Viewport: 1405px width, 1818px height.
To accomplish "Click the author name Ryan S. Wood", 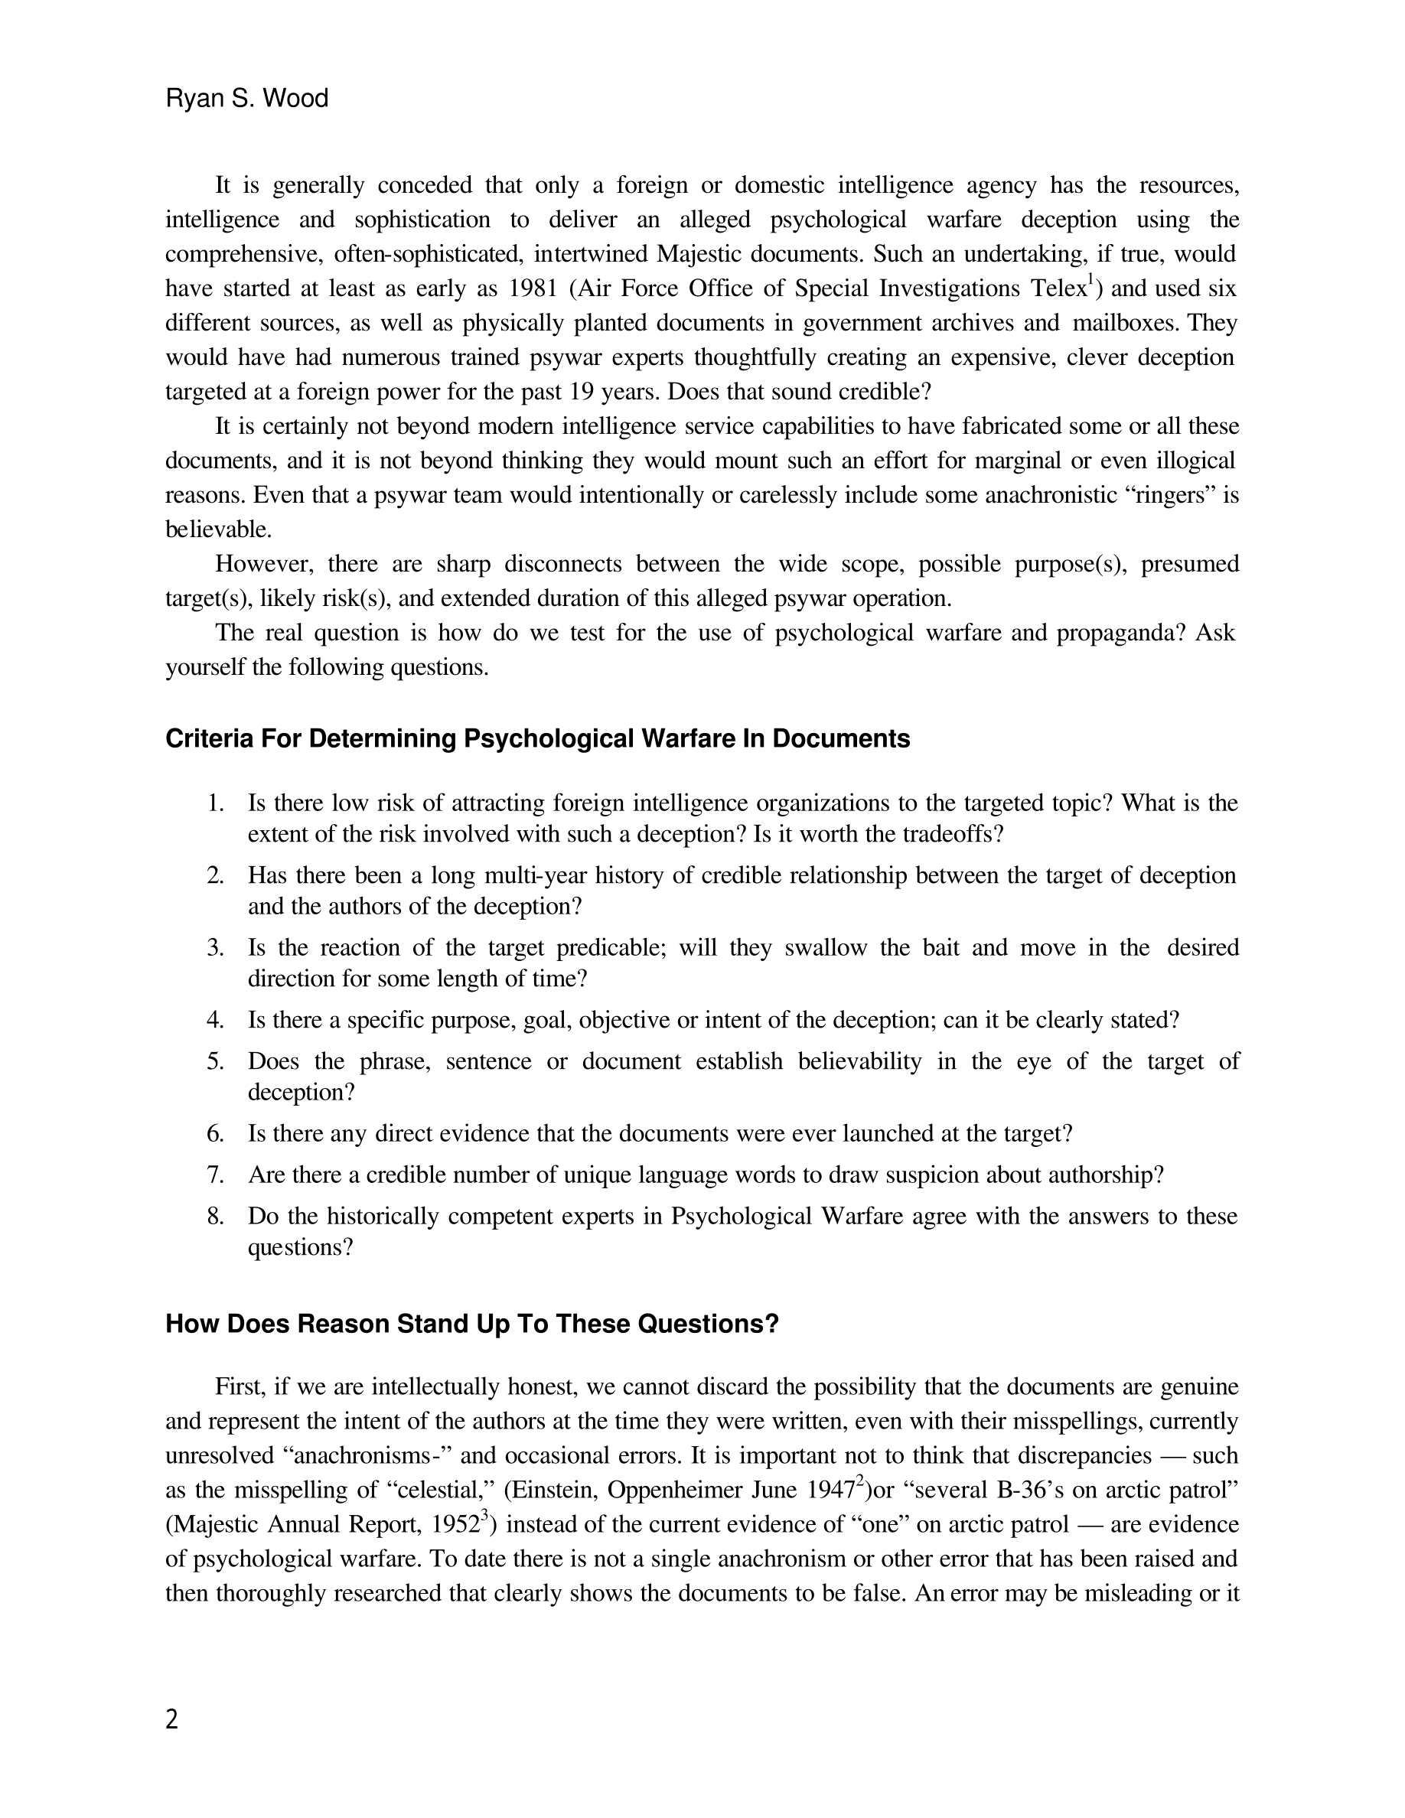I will (x=246, y=99).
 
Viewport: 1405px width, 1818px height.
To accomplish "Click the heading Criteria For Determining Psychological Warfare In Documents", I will (x=538, y=739).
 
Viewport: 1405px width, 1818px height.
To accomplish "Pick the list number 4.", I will (x=215, y=1021).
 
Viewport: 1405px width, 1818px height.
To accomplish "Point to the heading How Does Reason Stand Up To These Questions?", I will (x=472, y=1324).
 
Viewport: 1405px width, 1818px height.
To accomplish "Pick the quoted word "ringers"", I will (x=1171, y=496).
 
